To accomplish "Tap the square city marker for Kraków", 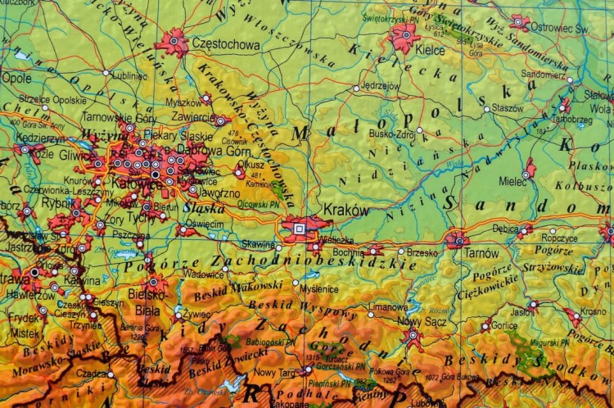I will click(x=300, y=229).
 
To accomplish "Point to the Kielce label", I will click(x=430, y=49).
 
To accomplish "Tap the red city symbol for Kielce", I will click(x=403, y=35).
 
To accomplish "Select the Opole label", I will click(x=16, y=79).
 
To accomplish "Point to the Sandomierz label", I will click(x=543, y=75).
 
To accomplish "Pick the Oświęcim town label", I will click(x=205, y=224).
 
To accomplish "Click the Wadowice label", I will click(x=204, y=274).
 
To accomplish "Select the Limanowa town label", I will click(x=388, y=306).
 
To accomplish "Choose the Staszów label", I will click(x=508, y=107).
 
